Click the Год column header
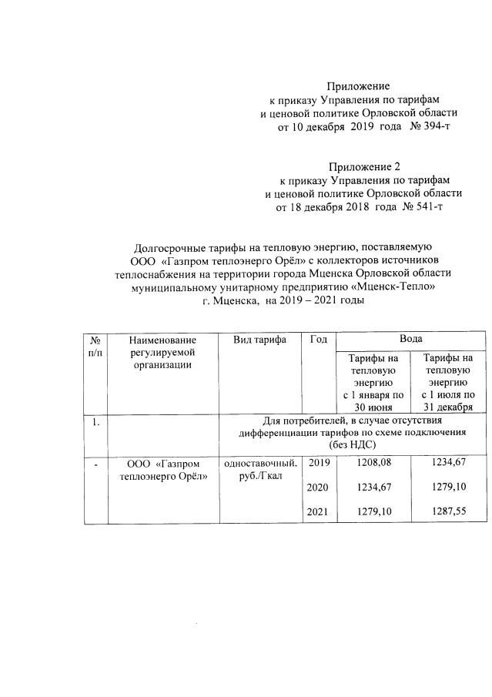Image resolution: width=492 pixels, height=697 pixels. tap(320, 340)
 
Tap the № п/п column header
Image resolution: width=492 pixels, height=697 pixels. tap(95, 346)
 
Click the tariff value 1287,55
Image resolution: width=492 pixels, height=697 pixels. tap(450, 511)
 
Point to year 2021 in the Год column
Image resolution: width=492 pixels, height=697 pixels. tap(317, 511)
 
